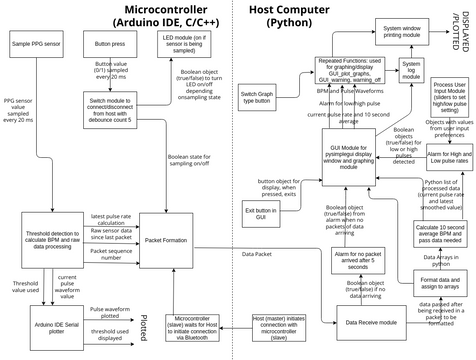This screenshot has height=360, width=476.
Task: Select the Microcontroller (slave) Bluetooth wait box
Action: (x=180, y=326)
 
